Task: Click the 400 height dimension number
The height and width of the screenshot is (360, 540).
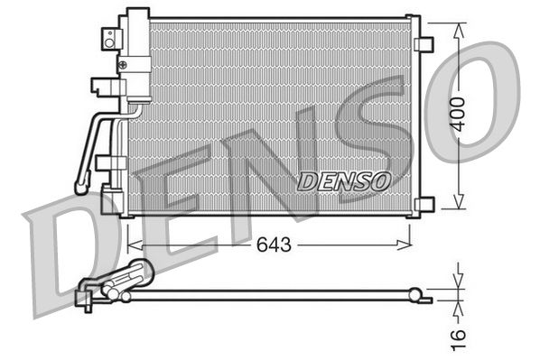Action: pos(460,114)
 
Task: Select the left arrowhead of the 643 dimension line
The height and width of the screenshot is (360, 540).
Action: pos(132,245)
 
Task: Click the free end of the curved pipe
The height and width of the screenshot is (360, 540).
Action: pos(79,189)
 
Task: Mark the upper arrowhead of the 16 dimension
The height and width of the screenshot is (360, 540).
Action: pos(460,282)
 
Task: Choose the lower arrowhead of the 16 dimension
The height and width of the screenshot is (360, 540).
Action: pos(460,303)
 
